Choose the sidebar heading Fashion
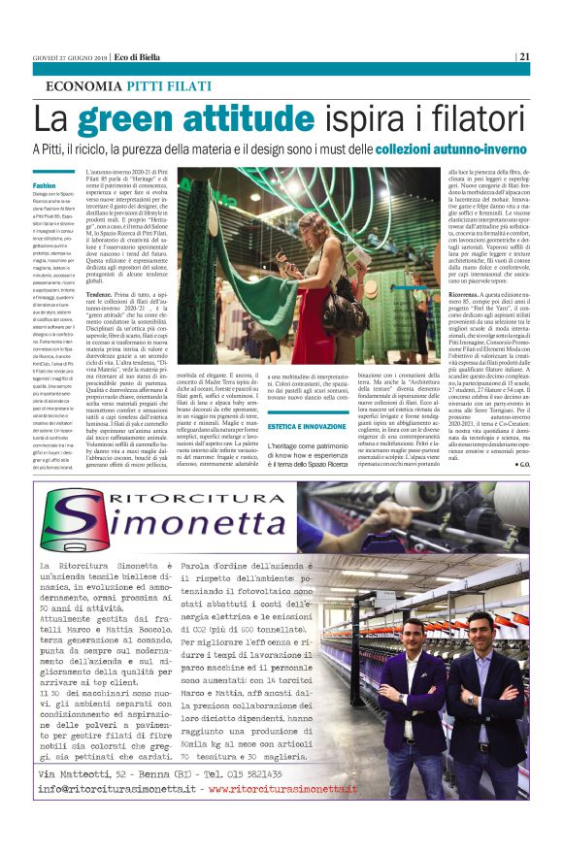[x=45, y=185]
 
